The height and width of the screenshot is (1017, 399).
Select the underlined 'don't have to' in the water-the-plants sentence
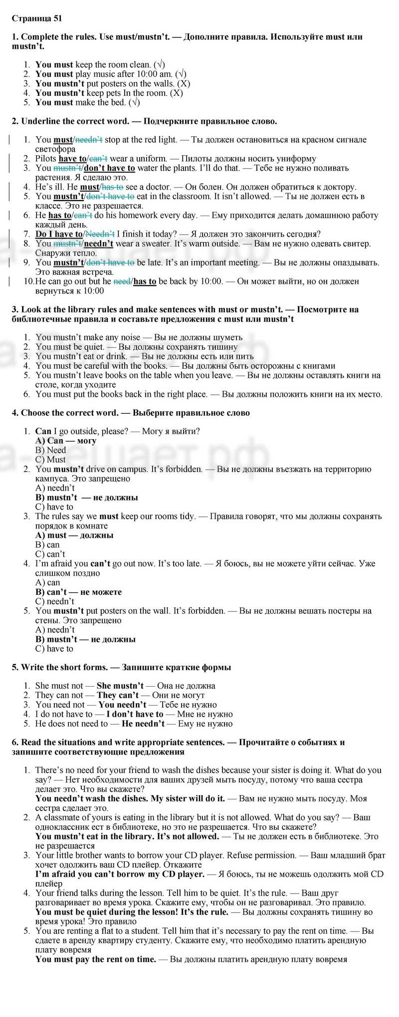pyautogui.click(x=109, y=168)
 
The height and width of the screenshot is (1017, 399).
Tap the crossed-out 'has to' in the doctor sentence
pyautogui.click(x=112, y=187)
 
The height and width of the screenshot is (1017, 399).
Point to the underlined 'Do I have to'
pyautogui.click(x=59, y=234)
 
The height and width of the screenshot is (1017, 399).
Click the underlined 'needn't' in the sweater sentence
pyautogui.click(x=99, y=244)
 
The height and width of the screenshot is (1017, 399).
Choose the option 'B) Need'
pyautogui.click(x=50, y=450)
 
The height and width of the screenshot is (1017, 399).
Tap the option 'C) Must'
pyautogui.click(x=50, y=460)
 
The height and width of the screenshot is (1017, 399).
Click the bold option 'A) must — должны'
pyautogui.click(x=74, y=535)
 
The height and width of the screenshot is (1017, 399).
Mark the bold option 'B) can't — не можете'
pyautogui.click(x=78, y=592)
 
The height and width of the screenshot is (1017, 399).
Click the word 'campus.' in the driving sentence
pyautogui.click(x=179, y=469)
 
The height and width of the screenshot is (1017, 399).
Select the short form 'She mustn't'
pyautogui.click(x=120, y=686)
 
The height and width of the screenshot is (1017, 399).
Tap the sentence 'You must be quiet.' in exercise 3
pyautogui.click(x=70, y=347)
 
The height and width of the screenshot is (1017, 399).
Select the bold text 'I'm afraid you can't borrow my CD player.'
pyautogui.click(x=120, y=874)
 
